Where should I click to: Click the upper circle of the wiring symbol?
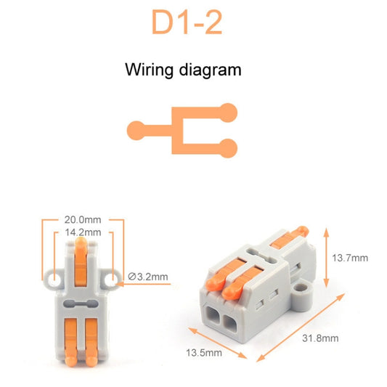229,113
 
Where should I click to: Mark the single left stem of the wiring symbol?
149,131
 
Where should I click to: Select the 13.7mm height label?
350,258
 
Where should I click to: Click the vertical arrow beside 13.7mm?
326,258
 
